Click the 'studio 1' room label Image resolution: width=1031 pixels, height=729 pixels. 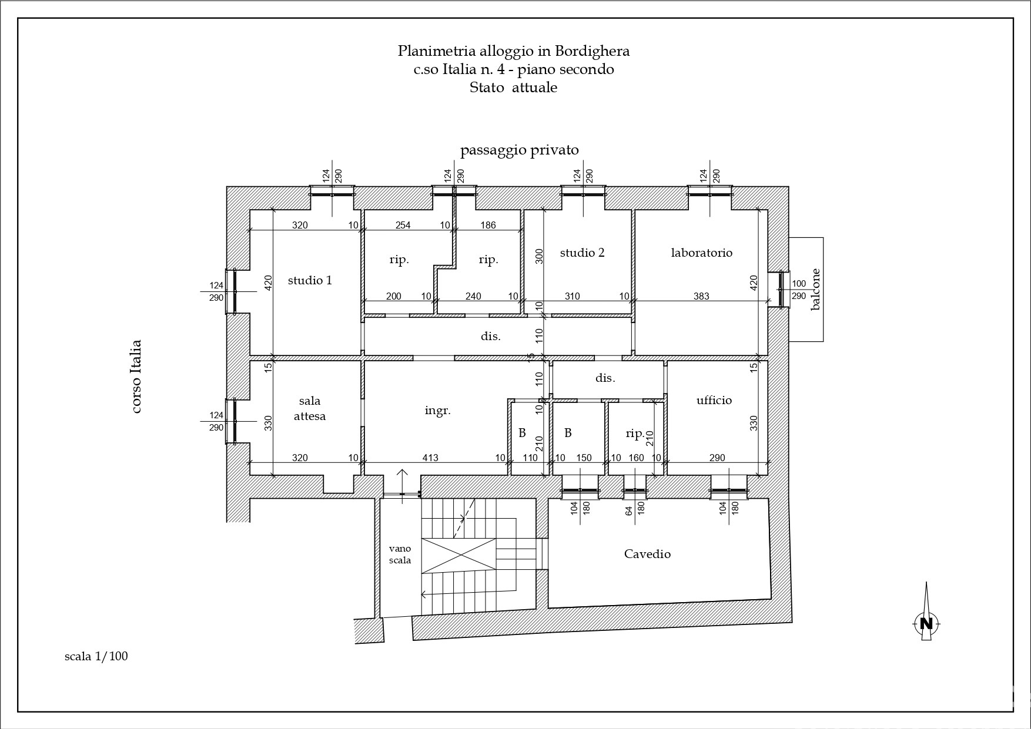coord(310,280)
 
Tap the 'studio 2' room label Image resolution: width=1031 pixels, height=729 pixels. coord(582,253)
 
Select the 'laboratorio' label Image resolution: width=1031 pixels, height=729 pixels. coord(702,253)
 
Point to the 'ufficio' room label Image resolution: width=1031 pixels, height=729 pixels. coord(714,400)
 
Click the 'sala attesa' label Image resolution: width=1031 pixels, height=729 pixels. coord(310,408)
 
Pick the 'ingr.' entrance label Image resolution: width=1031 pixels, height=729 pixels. coord(438,411)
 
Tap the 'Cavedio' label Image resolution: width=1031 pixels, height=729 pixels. coord(647,553)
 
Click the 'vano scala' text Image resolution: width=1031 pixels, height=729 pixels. coord(400,554)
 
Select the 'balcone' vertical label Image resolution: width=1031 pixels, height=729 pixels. coord(815,289)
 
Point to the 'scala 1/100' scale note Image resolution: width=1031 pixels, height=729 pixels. coord(96,656)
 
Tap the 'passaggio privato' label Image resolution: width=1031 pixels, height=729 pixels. coord(520,150)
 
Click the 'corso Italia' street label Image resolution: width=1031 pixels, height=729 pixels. coord(136,377)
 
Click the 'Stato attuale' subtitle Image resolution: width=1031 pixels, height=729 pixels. coord(513,88)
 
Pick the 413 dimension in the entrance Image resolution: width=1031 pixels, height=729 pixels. coord(430,458)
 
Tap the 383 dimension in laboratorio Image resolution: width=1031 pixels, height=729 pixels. coord(701,297)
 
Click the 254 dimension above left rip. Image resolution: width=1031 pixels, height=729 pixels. coord(403,225)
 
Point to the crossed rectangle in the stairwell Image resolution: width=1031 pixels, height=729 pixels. coord(459,556)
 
